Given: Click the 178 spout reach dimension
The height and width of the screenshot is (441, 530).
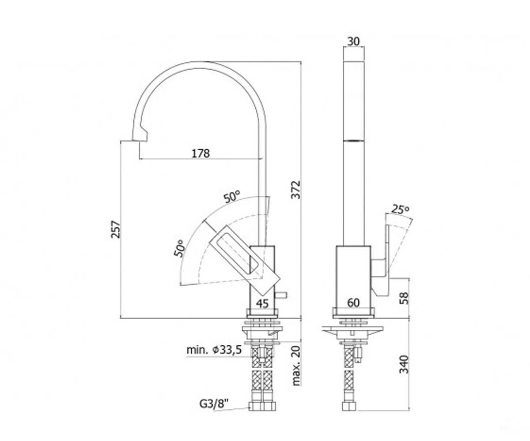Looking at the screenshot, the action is tap(201, 153).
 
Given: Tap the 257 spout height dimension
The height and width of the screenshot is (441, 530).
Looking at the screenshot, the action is tap(115, 229).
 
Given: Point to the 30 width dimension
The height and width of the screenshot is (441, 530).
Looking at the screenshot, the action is tap(353, 41).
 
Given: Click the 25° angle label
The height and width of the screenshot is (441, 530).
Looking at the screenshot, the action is tap(400, 209).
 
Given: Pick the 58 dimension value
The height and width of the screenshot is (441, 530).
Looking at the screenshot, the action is tap(404, 298).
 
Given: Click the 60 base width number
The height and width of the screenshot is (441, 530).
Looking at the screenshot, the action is tap(353, 303).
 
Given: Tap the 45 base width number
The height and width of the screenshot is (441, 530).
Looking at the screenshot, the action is tap(262, 304).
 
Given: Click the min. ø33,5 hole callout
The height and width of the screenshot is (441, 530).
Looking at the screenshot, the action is tap(214, 350).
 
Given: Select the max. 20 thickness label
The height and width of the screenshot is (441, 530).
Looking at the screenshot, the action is tap(296, 366).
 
